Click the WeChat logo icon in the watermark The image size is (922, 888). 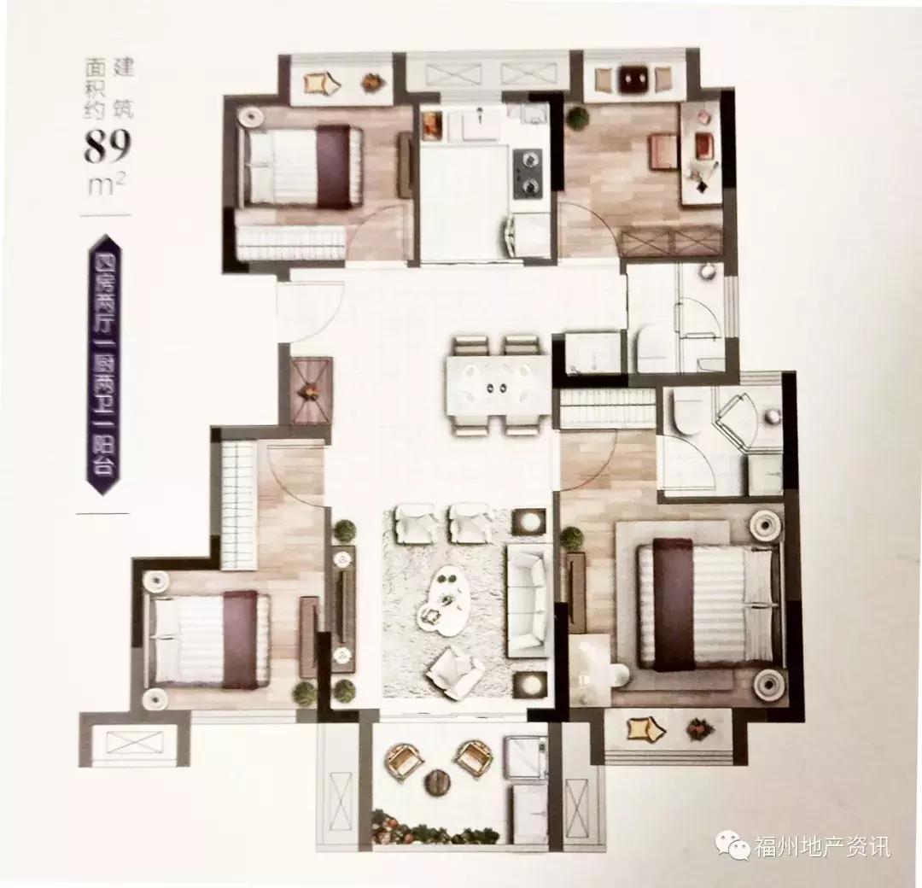(x=733, y=845)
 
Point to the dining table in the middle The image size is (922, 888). (x=497, y=384)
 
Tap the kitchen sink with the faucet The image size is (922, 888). (x=480, y=124)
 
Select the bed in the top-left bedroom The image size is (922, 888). (x=303, y=166)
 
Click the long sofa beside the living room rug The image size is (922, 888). (x=528, y=600)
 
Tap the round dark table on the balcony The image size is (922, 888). (x=437, y=780)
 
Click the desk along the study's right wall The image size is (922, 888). (x=701, y=154)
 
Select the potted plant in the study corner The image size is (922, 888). (x=579, y=118)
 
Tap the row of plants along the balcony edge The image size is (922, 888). (x=435, y=832)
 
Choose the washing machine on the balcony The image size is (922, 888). (x=525, y=757)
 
